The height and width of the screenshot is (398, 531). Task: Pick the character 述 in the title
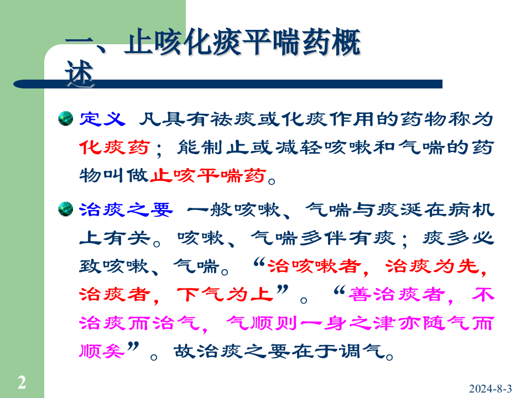(80, 76)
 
